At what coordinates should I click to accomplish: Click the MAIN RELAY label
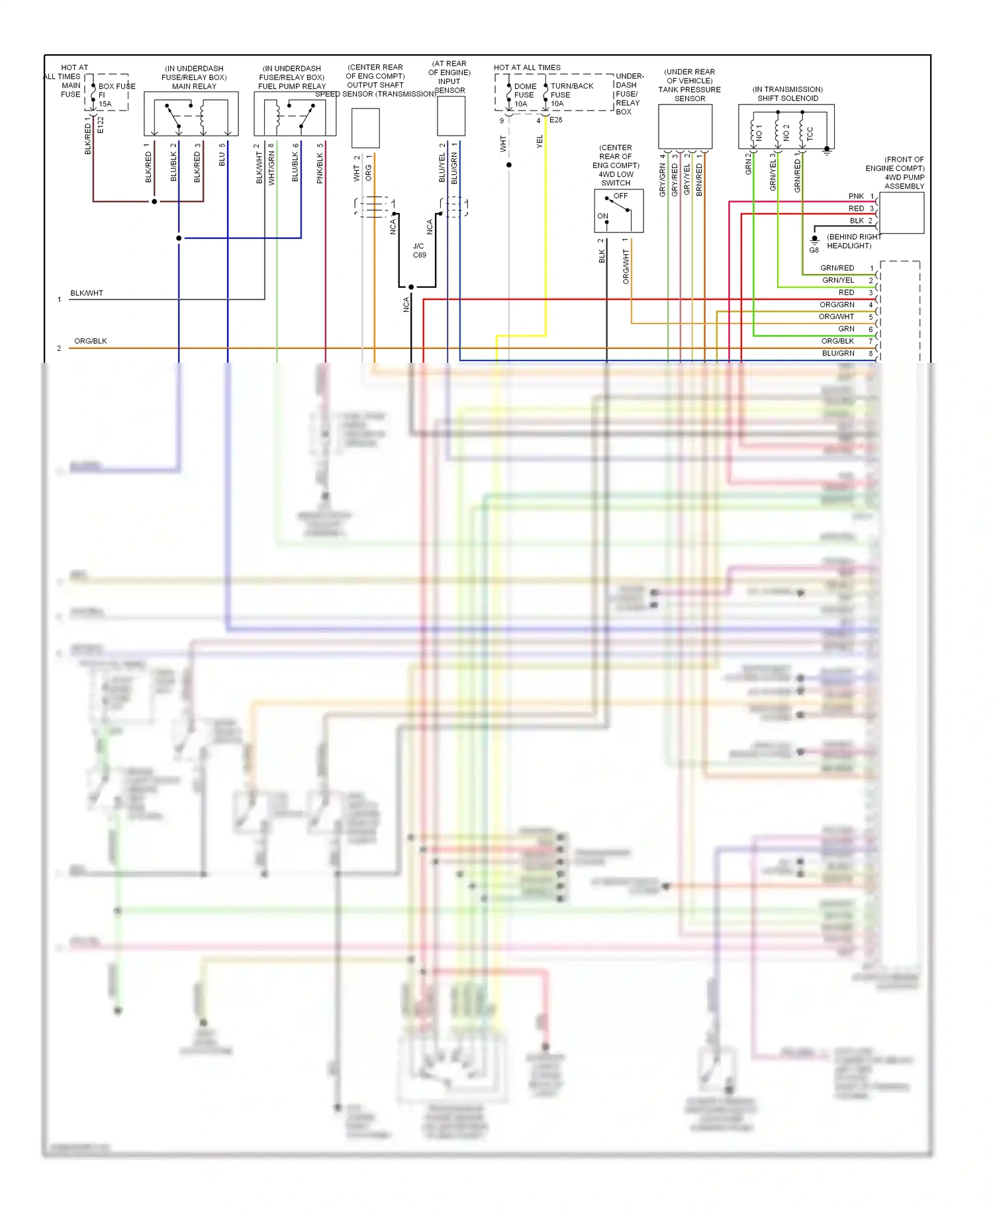click(x=194, y=86)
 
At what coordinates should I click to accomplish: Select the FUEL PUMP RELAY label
click(x=292, y=86)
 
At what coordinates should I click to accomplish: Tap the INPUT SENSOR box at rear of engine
click(x=451, y=116)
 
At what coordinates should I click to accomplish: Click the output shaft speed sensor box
click(x=365, y=128)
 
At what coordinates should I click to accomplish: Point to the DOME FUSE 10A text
click(x=524, y=95)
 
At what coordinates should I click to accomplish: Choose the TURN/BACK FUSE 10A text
click(x=571, y=95)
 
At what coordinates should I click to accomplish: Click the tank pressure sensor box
click(x=685, y=126)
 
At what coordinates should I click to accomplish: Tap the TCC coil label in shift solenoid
click(x=810, y=134)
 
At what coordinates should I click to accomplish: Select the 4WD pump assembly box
click(x=902, y=212)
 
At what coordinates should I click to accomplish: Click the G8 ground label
click(x=814, y=250)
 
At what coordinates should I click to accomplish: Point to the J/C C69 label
click(x=419, y=250)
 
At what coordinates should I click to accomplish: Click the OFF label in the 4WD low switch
click(x=620, y=196)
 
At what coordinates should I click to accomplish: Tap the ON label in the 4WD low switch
click(x=602, y=216)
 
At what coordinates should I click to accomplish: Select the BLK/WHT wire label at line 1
click(x=87, y=293)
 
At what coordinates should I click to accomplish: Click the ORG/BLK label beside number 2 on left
click(x=91, y=341)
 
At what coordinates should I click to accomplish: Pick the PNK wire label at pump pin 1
click(x=856, y=196)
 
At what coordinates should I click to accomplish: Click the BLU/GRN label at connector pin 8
click(x=838, y=353)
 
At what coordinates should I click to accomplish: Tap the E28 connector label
click(x=555, y=120)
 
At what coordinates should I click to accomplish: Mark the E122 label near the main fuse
click(x=101, y=124)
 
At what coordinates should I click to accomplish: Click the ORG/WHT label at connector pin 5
click(x=836, y=316)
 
